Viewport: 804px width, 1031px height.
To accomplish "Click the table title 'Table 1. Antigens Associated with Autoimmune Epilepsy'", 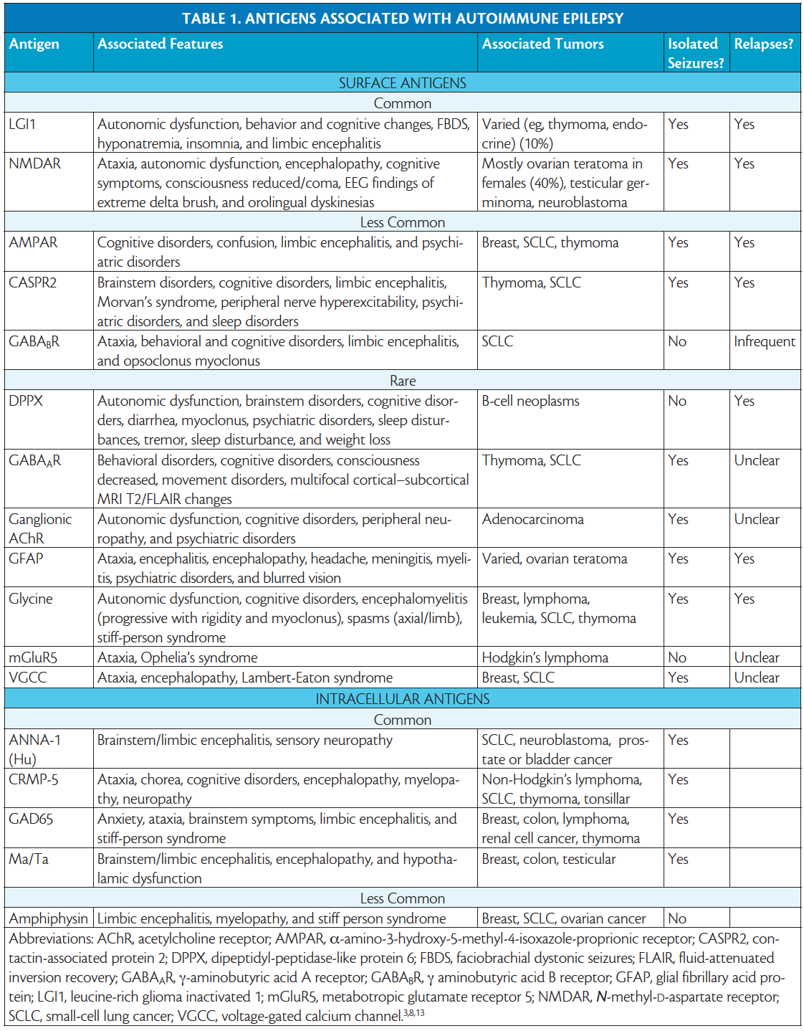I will click(x=402, y=19).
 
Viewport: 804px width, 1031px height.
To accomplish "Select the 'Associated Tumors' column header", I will click(x=542, y=44).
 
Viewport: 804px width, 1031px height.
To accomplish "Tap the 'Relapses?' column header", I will click(x=763, y=44).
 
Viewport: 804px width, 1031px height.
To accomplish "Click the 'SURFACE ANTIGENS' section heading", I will click(x=402, y=83).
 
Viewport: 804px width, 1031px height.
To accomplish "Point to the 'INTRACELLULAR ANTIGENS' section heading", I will click(x=402, y=699).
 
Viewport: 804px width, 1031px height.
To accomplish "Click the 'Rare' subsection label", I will click(x=402, y=381).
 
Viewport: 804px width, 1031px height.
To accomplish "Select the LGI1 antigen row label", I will click(x=22, y=124).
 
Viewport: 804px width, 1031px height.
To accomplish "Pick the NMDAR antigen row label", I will click(x=34, y=163).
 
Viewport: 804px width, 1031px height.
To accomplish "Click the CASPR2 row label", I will click(x=32, y=282).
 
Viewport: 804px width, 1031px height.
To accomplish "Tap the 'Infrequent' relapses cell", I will click(x=764, y=341).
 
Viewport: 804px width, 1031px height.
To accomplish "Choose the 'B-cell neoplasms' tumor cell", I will click(x=530, y=401).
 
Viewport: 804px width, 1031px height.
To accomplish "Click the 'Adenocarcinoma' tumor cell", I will click(x=532, y=519).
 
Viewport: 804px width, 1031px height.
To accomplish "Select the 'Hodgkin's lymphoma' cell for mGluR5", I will click(x=545, y=657).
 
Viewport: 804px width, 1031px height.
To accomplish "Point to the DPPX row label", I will click(x=26, y=401).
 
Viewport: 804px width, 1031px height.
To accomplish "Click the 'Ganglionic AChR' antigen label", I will click(x=40, y=528).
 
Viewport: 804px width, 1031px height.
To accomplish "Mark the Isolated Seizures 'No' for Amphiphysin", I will click(x=677, y=918).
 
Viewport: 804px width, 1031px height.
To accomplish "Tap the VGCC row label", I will click(x=28, y=678).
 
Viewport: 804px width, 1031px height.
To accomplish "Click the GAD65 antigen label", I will click(x=31, y=819).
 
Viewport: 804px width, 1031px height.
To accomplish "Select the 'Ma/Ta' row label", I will click(x=29, y=859).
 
